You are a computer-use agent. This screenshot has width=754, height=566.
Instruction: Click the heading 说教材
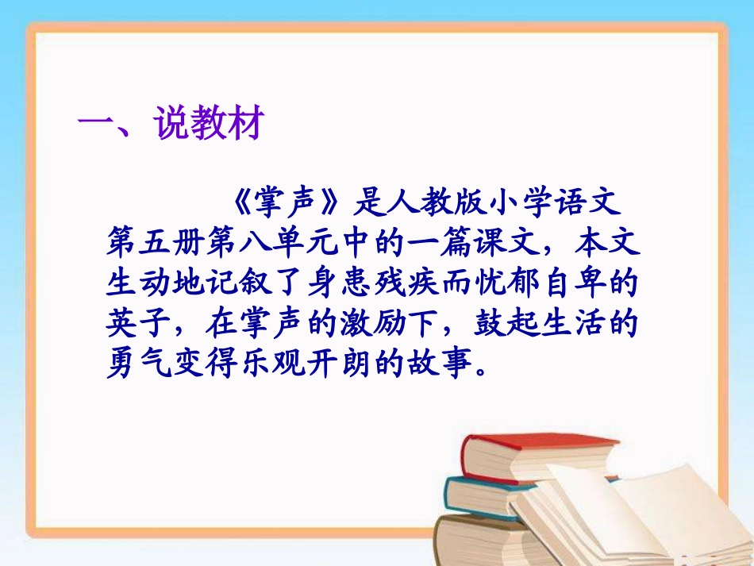pyautogui.click(x=208, y=125)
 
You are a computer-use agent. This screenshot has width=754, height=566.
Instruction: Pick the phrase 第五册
pyautogui.click(x=153, y=243)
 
